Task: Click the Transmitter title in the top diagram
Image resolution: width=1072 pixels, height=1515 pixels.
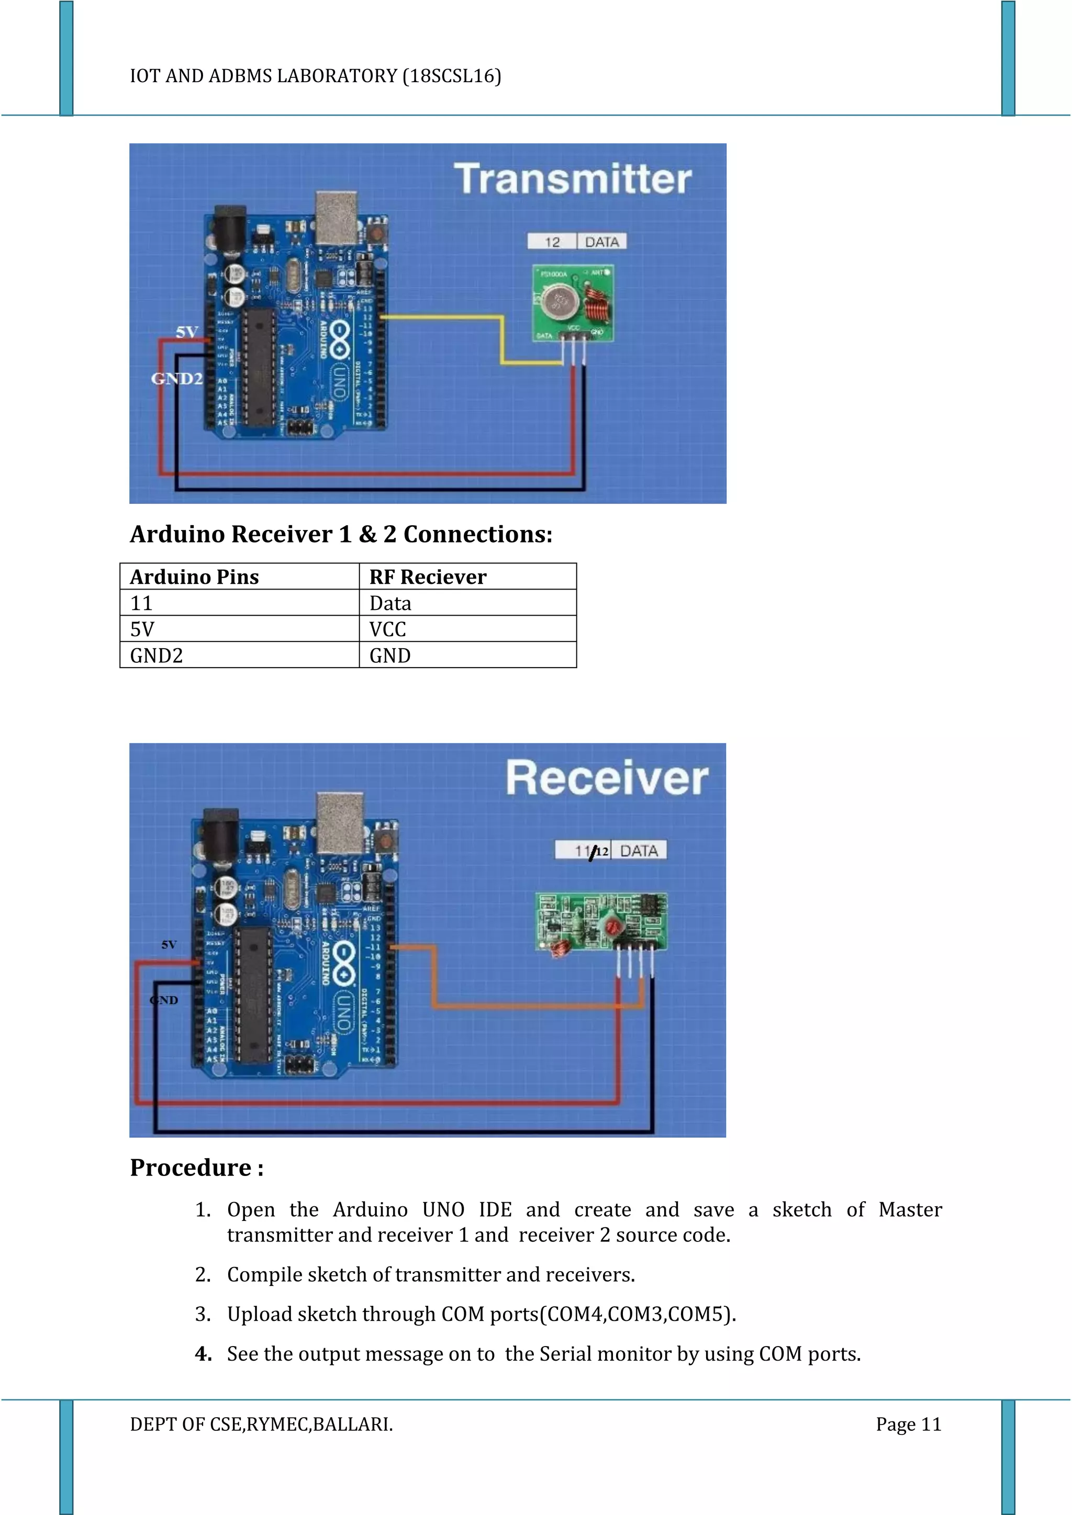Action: click(x=572, y=179)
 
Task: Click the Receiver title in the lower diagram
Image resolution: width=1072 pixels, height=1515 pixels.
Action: click(x=607, y=778)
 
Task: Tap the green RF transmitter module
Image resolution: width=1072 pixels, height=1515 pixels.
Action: click(x=572, y=303)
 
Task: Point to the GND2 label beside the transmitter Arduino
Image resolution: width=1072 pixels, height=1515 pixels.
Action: click(x=176, y=379)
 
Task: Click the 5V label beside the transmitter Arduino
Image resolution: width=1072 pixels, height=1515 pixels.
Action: click(x=187, y=332)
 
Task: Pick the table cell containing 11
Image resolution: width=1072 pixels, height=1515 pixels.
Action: click(x=239, y=603)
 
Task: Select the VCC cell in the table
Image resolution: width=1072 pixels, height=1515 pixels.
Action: click(x=467, y=629)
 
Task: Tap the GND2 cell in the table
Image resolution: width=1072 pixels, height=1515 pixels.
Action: click(x=239, y=655)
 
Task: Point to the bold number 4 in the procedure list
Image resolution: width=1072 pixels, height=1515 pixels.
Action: click(x=203, y=1354)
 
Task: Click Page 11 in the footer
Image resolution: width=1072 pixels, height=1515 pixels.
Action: click(x=908, y=1424)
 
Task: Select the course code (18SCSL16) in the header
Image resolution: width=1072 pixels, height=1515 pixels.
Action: click(x=452, y=76)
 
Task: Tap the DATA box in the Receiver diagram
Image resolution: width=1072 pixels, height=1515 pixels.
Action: click(x=638, y=851)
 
